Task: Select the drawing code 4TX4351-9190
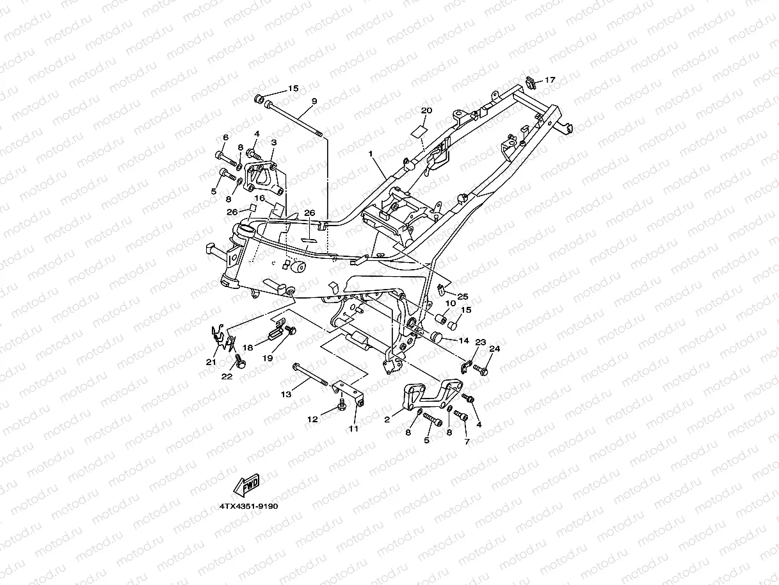(248, 506)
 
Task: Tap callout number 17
(550, 80)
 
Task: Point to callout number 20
(426, 111)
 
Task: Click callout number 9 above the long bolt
(314, 101)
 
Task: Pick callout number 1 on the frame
(370, 154)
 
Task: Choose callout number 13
(286, 395)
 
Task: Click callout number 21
(211, 362)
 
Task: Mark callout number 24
(494, 349)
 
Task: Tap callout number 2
(387, 420)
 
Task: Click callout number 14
(464, 341)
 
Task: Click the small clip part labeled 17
(530, 81)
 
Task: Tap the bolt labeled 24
(481, 370)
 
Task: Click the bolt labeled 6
(224, 156)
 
